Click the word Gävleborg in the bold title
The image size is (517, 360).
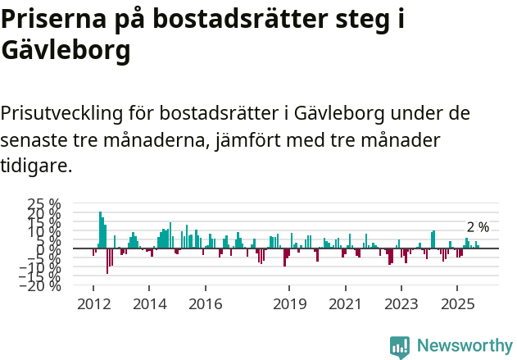(x=66, y=51)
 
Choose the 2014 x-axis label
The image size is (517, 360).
(x=149, y=304)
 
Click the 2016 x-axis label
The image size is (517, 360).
(x=205, y=304)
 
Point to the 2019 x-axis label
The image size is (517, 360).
(x=289, y=304)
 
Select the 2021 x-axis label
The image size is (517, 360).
(x=345, y=304)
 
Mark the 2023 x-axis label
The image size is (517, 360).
(x=401, y=304)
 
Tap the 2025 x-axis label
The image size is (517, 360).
(x=457, y=304)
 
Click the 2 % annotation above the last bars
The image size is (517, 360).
(x=478, y=227)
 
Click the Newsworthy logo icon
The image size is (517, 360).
(x=400, y=346)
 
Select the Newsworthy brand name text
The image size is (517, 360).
(x=464, y=346)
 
